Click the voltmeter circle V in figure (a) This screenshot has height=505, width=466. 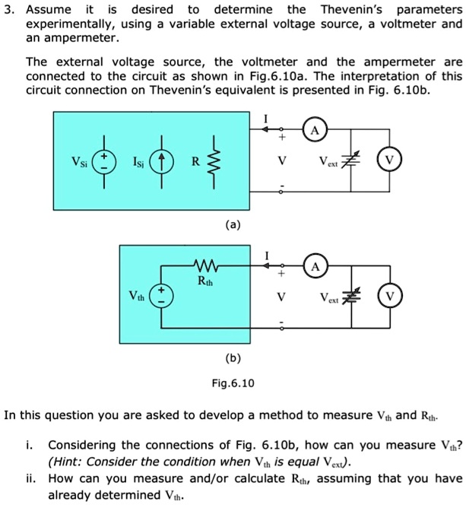(389, 161)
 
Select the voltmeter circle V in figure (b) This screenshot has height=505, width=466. (389, 296)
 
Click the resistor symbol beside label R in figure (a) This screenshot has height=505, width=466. (216, 161)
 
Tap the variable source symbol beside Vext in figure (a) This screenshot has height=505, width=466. (350, 161)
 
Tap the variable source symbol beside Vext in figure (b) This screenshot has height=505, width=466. (350, 296)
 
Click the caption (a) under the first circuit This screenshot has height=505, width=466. (233, 224)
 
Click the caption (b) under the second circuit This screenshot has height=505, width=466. (233, 357)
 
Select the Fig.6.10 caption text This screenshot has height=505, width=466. (233, 383)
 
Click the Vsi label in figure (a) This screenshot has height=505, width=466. (78, 162)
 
